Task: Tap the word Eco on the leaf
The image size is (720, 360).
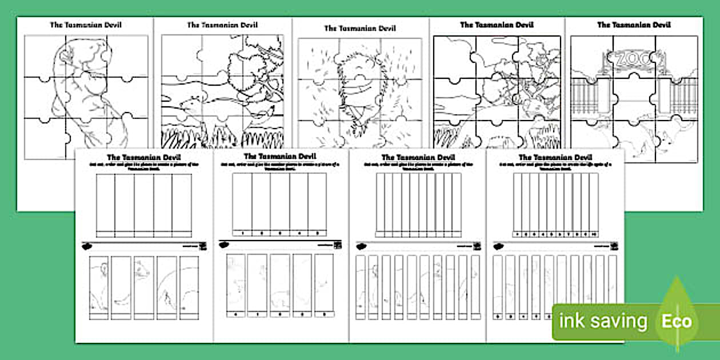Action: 677,321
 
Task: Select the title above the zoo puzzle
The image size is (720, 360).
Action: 634,25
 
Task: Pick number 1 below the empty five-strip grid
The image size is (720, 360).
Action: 242,233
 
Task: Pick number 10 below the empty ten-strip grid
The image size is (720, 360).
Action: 594,233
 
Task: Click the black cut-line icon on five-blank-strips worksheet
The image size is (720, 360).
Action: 87,247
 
